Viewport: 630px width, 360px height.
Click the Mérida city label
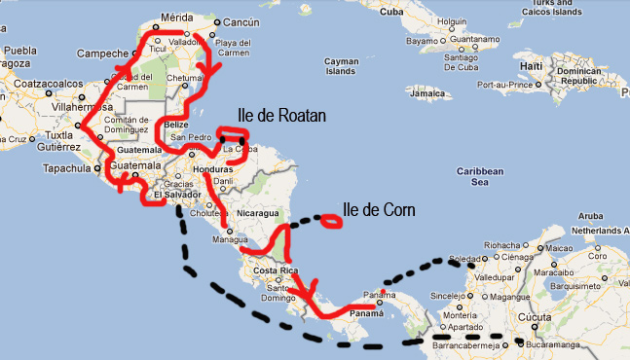pos(177,18)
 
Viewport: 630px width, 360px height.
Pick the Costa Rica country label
pos(274,269)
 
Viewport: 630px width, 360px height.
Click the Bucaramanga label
pos(556,344)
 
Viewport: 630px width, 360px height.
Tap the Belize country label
pos(175,126)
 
